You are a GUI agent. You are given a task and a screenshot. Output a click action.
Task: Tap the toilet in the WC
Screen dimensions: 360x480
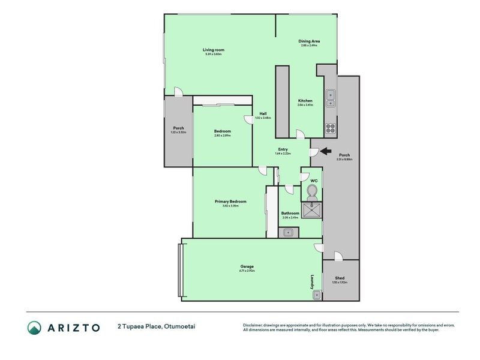click(x=311, y=191)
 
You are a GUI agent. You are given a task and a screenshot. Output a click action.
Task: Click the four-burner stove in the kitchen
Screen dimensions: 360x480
click(x=329, y=127)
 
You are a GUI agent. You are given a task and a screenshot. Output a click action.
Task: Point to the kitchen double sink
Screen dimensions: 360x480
click(x=329, y=98)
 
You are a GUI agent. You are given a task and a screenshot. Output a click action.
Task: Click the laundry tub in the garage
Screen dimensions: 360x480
click(x=316, y=294)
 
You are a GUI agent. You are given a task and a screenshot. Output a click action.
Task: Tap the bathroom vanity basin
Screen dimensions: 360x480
click(x=289, y=232)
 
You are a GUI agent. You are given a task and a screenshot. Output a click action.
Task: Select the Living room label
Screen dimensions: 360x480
click(x=213, y=50)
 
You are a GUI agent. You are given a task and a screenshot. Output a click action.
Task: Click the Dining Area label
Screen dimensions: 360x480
click(x=308, y=41)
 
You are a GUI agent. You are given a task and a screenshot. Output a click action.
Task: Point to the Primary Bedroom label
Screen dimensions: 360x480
click(x=230, y=202)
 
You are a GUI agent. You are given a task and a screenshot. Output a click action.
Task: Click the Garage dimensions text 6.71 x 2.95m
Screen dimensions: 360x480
click(x=247, y=271)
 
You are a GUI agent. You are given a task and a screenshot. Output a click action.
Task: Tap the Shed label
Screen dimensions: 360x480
click(x=340, y=278)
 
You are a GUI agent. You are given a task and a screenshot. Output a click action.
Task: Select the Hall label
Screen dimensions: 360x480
click(x=263, y=113)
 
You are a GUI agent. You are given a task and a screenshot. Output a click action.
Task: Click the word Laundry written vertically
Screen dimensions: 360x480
click(x=313, y=282)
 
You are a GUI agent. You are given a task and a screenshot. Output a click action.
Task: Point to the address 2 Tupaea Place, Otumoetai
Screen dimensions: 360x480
click(x=157, y=327)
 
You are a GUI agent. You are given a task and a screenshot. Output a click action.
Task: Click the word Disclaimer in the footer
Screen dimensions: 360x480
click(x=253, y=324)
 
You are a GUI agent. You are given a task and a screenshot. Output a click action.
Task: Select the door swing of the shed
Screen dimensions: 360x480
click(x=338, y=256)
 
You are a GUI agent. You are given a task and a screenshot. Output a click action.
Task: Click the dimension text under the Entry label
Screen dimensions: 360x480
click(x=283, y=154)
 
